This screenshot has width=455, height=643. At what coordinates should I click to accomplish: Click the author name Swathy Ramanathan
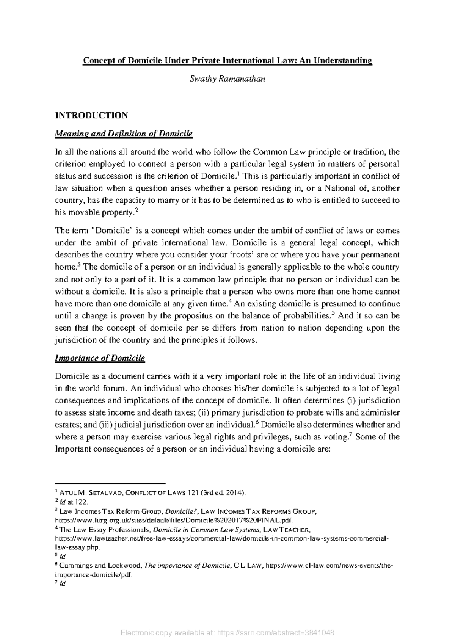pyautogui.click(x=227, y=79)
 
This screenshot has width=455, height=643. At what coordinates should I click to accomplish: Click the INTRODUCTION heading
pyautogui.click(x=91, y=115)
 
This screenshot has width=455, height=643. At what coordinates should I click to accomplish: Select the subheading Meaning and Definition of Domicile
pyautogui.click(x=124, y=133)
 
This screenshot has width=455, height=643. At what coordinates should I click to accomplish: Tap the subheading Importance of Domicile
pyautogui.click(x=100, y=358)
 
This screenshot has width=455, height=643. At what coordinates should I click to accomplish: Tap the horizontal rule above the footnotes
pyautogui.click(x=110, y=484)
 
